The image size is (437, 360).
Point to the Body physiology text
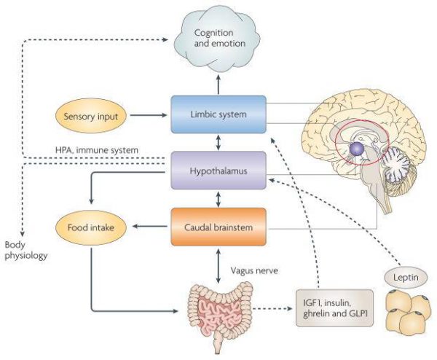point(25,251)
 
